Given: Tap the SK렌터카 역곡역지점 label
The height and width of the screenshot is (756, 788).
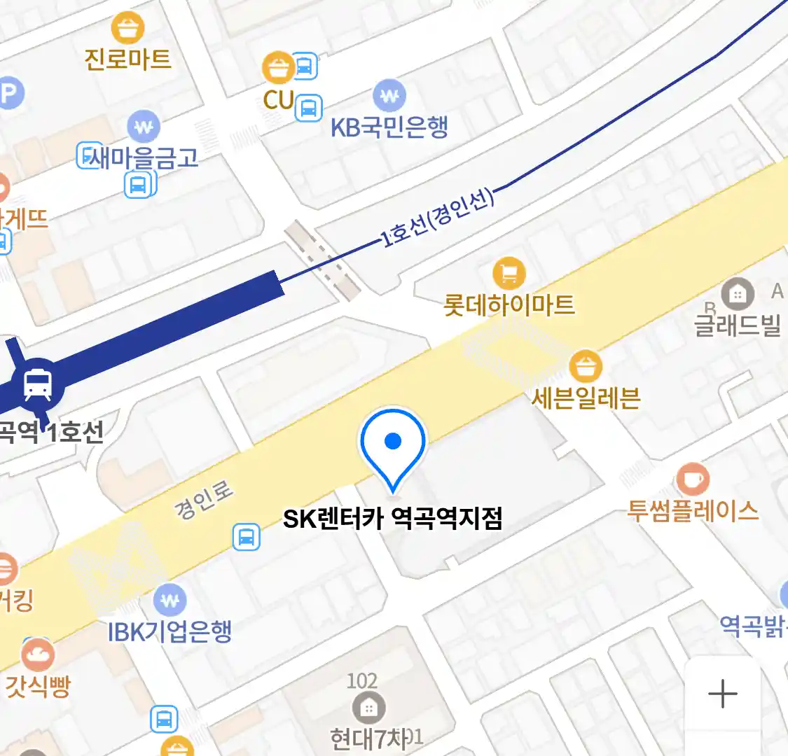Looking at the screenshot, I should (x=392, y=519).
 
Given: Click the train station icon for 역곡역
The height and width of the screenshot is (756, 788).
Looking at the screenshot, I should (x=38, y=384).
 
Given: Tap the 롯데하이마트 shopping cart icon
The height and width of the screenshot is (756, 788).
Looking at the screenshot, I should (x=509, y=274).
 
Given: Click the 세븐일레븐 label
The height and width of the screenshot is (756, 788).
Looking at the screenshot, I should (x=586, y=398).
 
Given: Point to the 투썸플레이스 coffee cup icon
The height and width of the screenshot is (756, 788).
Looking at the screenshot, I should (x=693, y=479).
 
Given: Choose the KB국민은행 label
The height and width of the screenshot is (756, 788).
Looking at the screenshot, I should (x=389, y=127).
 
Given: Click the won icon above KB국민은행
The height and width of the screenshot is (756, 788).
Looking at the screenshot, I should (x=389, y=95).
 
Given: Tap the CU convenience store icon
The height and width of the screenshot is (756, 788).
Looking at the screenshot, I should (x=279, y=69).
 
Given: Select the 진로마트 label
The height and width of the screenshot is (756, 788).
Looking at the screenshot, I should (x=128, y=58).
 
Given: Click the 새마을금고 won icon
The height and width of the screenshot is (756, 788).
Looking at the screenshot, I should (x=144, y=127).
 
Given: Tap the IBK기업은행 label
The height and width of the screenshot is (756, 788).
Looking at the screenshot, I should (x=170, y=631).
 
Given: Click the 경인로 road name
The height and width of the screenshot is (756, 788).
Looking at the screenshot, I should (x=204, y=500).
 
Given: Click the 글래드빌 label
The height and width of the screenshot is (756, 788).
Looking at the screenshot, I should (x=737, y=324).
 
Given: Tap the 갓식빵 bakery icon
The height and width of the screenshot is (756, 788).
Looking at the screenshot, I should (x=38, y=655).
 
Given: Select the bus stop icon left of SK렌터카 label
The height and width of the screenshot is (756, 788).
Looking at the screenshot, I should (x=247, y=538).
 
